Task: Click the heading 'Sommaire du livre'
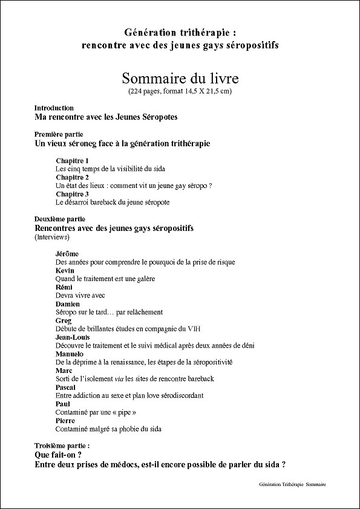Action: [x=180, y=79]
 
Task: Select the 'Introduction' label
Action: [x=54, y=108]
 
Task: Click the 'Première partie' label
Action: [x=59, y=134]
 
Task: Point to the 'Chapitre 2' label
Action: [x=72, y=177]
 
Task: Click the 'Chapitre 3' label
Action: [x=72, y=194]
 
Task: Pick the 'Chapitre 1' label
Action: [x=72, y=160]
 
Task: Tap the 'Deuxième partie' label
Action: [x=60, y=219]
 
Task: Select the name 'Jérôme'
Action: [x=67, y=253]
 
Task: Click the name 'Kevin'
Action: [x=65, y=270]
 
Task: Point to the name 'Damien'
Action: [x=67, y=303]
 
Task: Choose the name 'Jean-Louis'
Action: [x=73, y=337]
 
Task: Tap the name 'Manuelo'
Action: [x=70, y=354]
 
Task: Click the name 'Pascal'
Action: [x=65, y=387]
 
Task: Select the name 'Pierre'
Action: [x=65, y=420]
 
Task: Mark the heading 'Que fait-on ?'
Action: [x=58, y=455]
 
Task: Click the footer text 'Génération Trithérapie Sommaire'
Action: [x=292, y=485]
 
